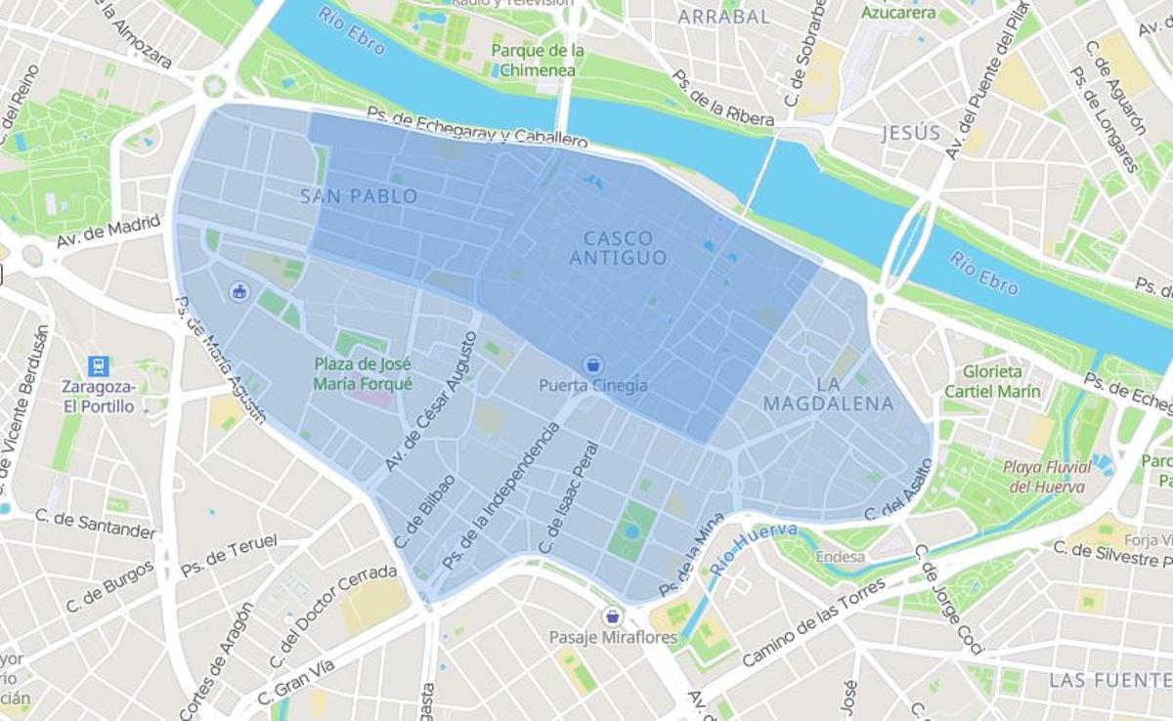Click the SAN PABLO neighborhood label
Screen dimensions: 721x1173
click(359, 196)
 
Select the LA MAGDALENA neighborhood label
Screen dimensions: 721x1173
click(828, 393)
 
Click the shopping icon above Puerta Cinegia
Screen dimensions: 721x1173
click(592, 364)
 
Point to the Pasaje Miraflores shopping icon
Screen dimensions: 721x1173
click(613, 616)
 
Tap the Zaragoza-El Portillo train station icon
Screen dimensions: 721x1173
click(98, 366)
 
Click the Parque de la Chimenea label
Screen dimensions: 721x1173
click(538, 60)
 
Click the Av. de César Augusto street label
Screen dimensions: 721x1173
click(431, 402)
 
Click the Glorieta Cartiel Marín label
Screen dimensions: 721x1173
click(992, 381)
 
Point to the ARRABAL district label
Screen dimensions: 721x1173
click(724, 17)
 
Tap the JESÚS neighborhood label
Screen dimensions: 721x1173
click(911, 133)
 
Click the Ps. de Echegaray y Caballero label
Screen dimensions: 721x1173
click(477, 128)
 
